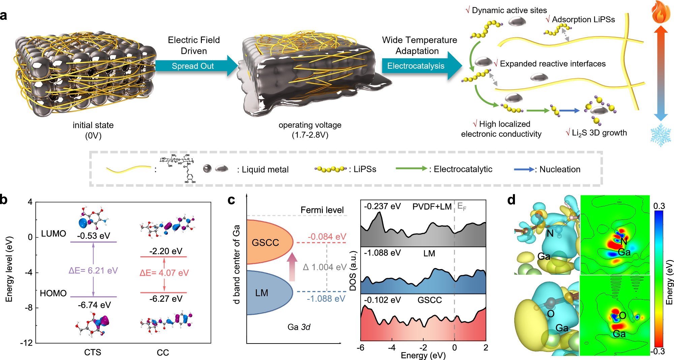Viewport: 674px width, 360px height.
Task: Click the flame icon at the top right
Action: click(661, 12)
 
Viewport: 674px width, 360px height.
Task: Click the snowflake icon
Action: click(661, 135)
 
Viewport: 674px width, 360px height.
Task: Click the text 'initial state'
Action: click(93, 125)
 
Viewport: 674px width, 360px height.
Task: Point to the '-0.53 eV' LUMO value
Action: click(93, 236)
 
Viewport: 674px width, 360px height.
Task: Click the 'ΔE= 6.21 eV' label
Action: click(93, 271)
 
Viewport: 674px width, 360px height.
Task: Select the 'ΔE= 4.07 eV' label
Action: click(164, 273)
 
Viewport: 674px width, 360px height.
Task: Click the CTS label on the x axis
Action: click(93, 352)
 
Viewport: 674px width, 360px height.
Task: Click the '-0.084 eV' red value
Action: click(327, 237)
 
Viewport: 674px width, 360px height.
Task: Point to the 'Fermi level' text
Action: click(322, 210)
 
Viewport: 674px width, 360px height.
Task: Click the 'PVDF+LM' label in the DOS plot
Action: click(432, 207)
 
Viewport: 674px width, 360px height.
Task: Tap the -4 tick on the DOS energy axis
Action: click(392, 348)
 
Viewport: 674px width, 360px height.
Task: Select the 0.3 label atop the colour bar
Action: click(659, 206)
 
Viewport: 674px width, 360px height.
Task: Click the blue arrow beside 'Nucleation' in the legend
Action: click(524, 169)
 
